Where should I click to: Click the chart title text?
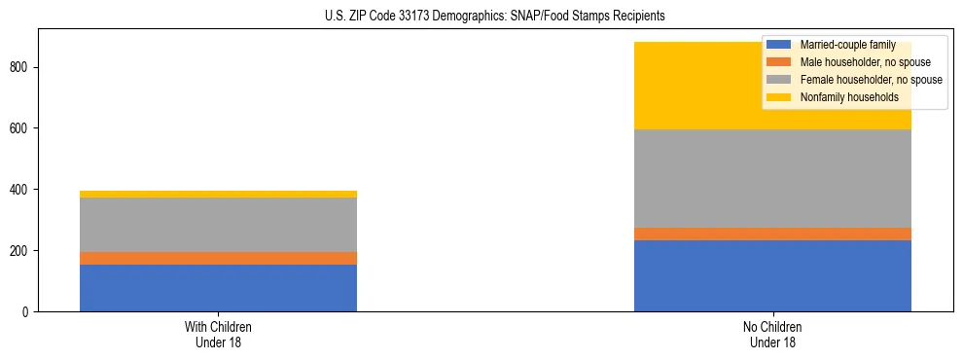point(495,16)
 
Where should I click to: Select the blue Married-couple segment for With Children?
point(218,288)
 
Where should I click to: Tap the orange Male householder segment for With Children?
point(218,258)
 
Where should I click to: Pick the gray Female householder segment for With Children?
point(218,225)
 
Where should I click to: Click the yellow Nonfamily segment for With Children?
point(218,194)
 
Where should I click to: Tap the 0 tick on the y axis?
point(26,311)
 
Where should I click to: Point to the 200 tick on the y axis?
point(20,250)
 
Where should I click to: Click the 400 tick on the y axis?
point(20,189)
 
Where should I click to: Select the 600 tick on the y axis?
point(20,128)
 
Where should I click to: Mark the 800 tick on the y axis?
point(20,67)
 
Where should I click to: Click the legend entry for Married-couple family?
point(846,45)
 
